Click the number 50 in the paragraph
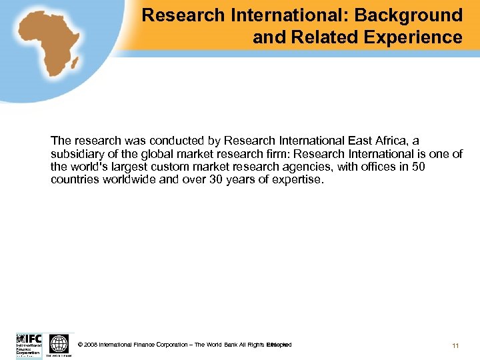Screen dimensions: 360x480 click(x=417, y=167)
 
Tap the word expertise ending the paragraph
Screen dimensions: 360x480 click(x=297, y=179)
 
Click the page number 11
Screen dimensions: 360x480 click(x=455, y=345)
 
